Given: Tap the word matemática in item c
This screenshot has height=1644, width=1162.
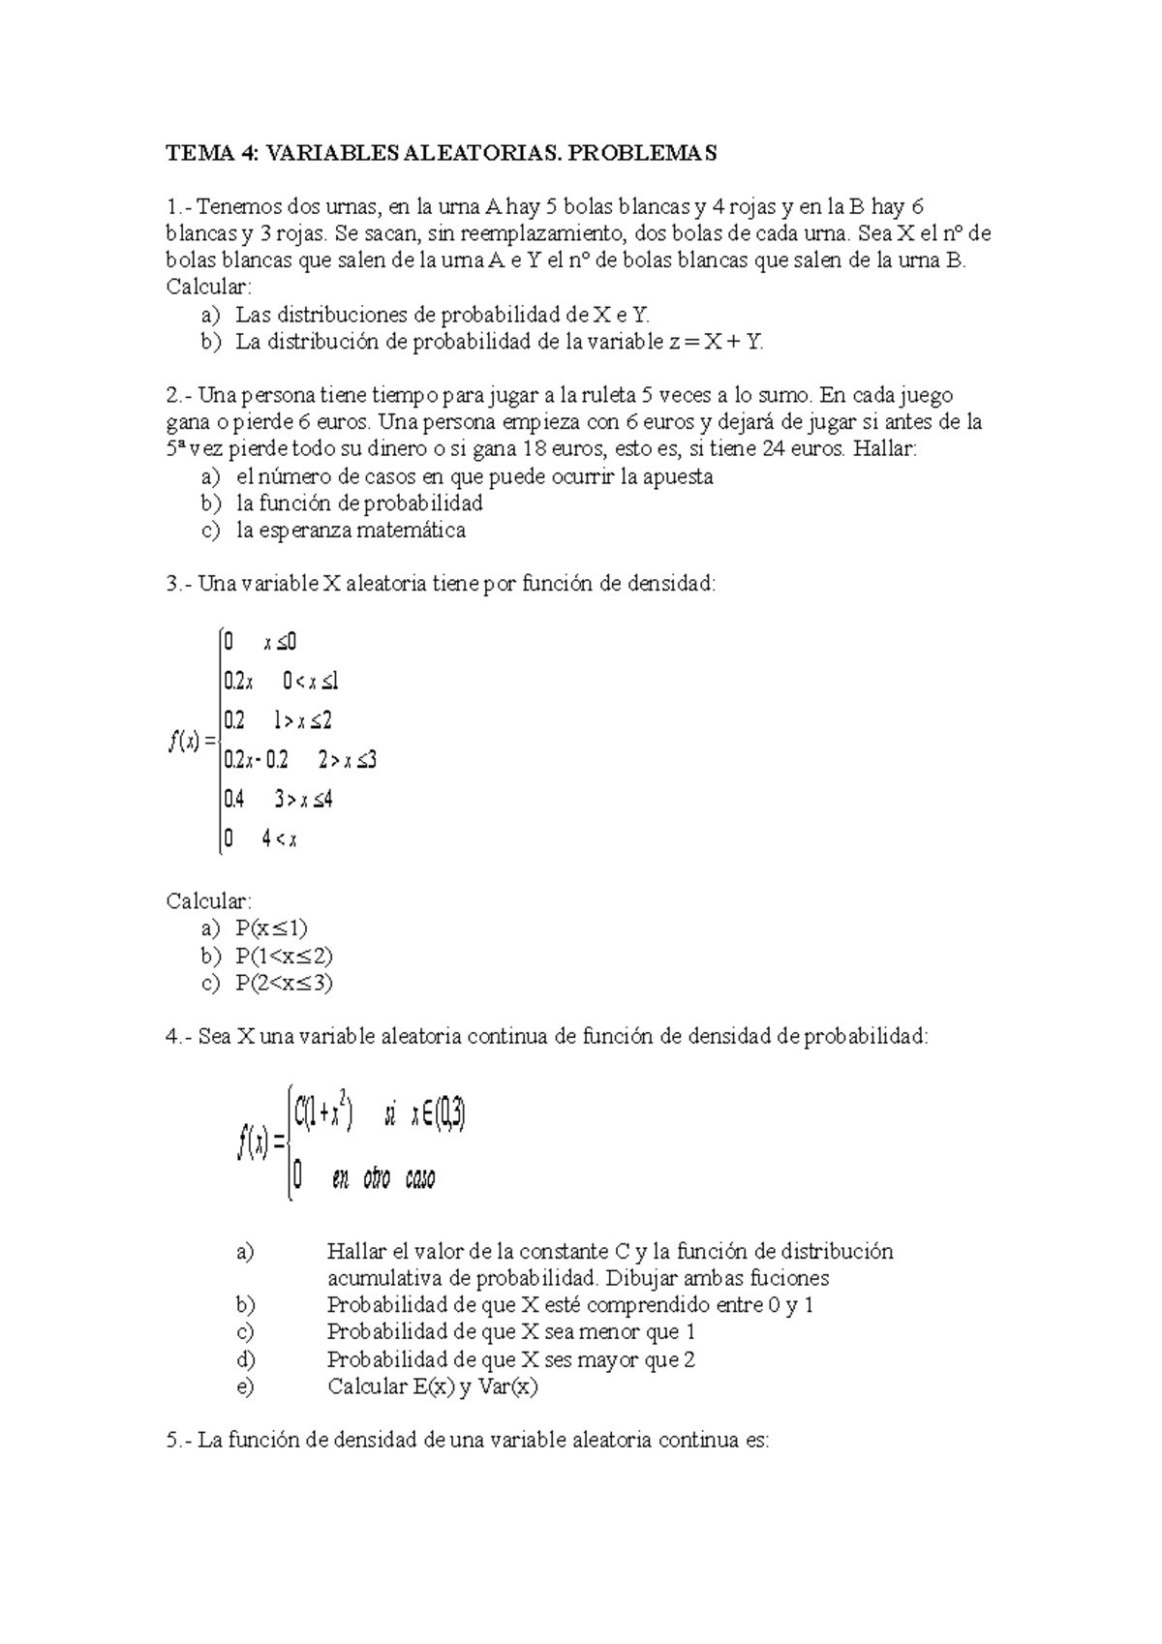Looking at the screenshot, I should point(411,531).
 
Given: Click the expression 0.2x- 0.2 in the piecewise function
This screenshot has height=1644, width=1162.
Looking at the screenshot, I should point(256,760).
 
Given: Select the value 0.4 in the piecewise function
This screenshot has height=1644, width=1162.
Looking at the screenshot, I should point(233,800).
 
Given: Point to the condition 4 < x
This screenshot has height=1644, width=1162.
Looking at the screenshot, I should point(279,839).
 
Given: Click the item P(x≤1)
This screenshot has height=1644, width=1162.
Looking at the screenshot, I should point(271,929).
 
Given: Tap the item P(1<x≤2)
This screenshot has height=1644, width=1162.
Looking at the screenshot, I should point(284,957).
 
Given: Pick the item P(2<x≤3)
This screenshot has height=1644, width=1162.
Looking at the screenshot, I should point(284,984).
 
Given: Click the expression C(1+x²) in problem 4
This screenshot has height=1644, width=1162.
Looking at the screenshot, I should point(322,1115).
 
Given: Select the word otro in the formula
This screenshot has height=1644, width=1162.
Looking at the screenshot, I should point(377,1178).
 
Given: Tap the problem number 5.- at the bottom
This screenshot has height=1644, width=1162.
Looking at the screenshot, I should point(181,1441).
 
